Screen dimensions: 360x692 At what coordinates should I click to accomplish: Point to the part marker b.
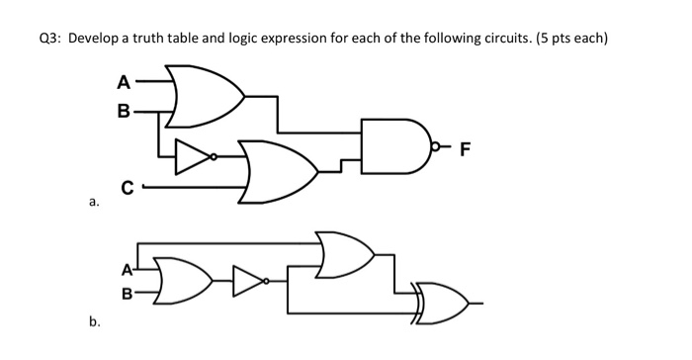point(93,321)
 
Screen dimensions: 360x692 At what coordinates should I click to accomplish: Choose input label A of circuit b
point(127,267)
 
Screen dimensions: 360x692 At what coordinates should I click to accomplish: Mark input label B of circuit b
point(127,293)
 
